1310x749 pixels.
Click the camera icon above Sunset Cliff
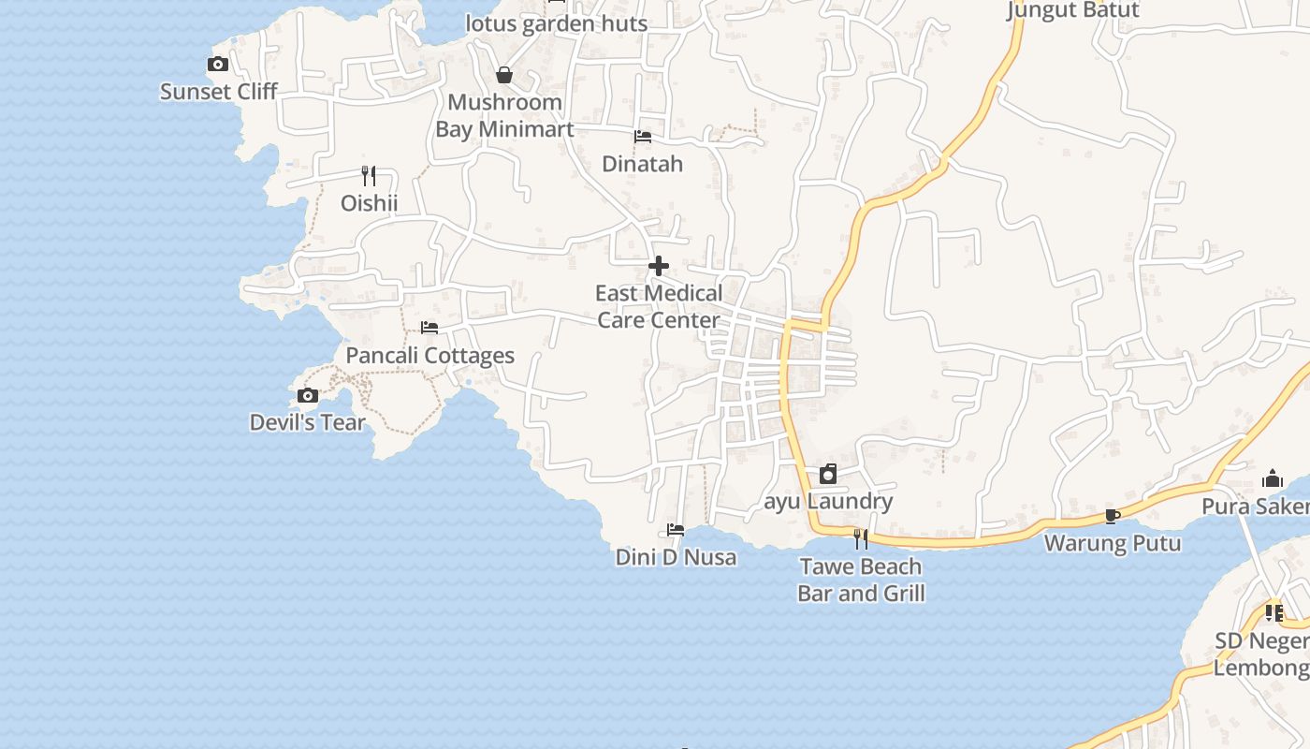pos(218,65)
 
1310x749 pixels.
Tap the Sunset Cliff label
pos(219,92)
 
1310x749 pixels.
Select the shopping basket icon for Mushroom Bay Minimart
pos(504,75)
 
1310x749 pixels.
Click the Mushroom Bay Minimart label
pos(504,116)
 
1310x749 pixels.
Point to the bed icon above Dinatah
pos(643,137)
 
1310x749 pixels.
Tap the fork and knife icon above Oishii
pos(369,175)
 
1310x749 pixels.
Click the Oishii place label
pos(369,203)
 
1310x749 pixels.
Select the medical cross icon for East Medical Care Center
pos(659,266)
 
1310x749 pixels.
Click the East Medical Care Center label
pos(659,307)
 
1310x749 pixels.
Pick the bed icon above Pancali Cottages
pos(429,328)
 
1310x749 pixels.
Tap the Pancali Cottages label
pos(430,356)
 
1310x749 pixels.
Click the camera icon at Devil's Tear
pos(308,396)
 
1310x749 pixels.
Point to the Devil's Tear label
pos(308,423)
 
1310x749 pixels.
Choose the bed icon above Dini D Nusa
pos(676,530)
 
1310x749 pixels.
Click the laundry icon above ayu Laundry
pos(828,474)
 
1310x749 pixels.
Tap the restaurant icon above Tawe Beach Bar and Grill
pos(861,538)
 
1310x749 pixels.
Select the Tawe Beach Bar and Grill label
pos(861,580)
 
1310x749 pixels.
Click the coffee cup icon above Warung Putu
pos(1112,516)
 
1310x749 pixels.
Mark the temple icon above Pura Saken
pos(1273,479)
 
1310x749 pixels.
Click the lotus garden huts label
pos(557,23)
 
